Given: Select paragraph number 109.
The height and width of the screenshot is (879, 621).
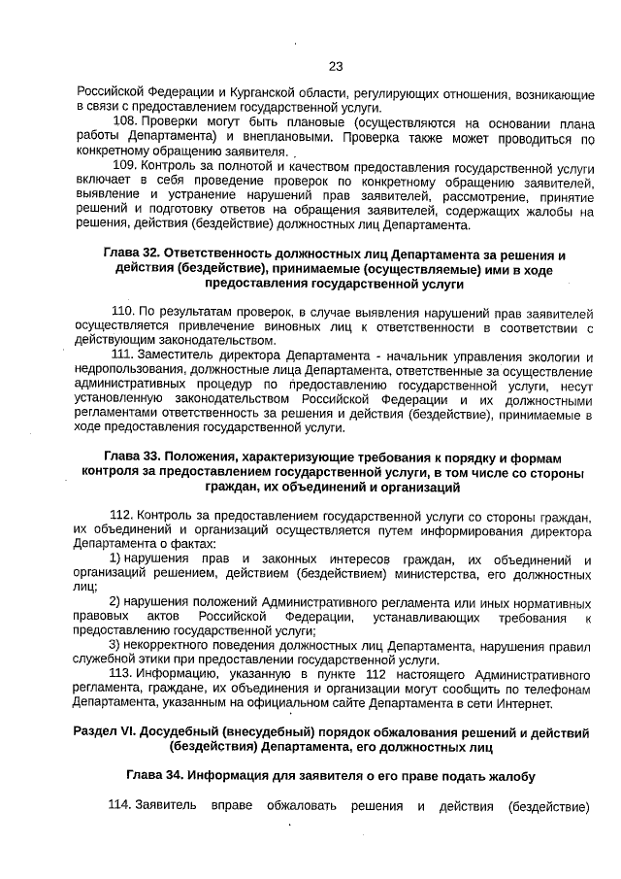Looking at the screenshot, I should tap(125, 166).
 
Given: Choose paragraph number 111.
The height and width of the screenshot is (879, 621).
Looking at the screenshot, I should tap(123, 355).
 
